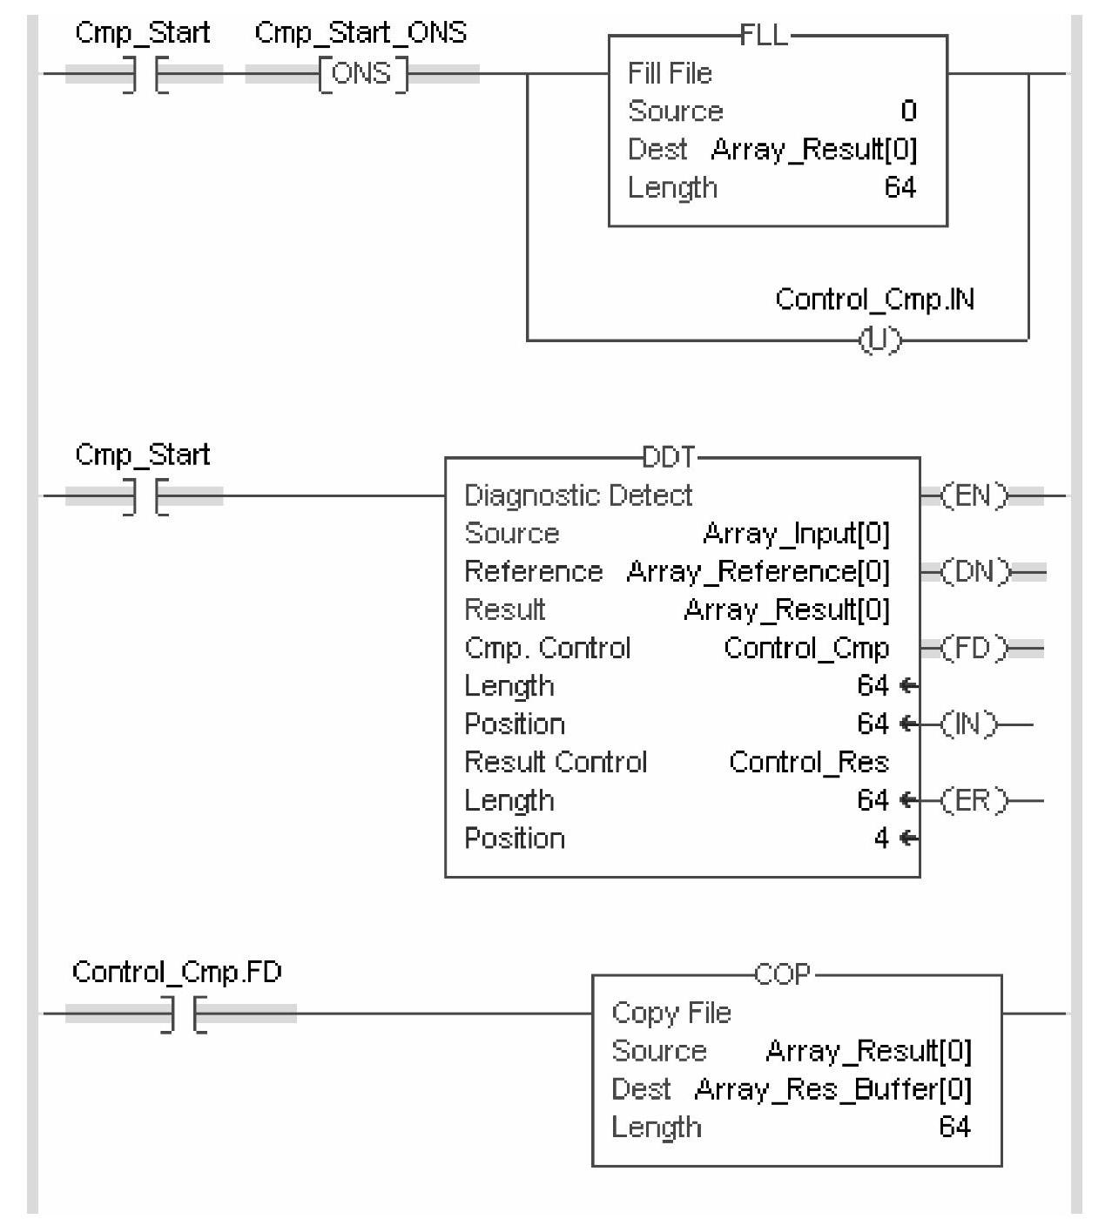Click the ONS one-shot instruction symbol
361,74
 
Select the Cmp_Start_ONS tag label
361,33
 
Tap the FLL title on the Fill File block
764,36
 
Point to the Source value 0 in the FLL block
908,111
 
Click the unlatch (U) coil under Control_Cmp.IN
880,340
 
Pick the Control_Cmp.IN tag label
874,300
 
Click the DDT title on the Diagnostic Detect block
669,457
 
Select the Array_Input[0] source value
796,534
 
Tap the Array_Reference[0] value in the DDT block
758,572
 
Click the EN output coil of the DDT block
974,496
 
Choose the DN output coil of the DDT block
974,573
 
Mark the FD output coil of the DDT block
974,649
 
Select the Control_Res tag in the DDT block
808,763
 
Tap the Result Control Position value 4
881,838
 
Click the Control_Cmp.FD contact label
177,972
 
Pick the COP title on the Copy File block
782,974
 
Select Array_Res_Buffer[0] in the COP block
832,1089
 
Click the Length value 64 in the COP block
954,1128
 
